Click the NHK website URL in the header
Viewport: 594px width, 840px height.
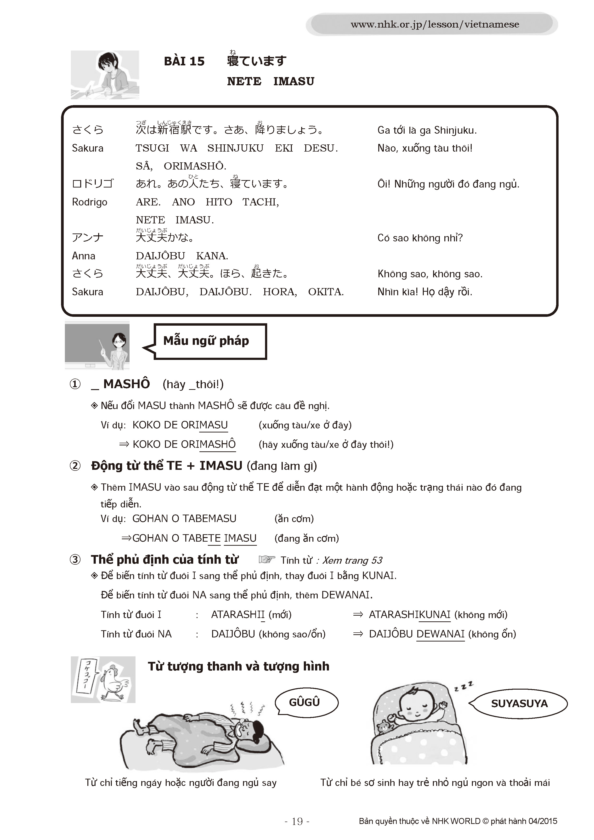pyautogui.click(x=435, y=24)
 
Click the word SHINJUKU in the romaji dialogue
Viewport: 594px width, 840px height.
pyautogui.click(x=235, y=148)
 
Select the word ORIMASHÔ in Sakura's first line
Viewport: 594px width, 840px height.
pyautogui.click(x=195, y=166)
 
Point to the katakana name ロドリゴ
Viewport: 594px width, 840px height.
pyautogui.click(x=93, y=184)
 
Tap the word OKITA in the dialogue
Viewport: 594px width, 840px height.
pyautogui.click(x=325, y=292)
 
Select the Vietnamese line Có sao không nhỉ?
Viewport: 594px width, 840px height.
pyautogui.click(x=420, y=238)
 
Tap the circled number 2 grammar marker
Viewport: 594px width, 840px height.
pyautogui.click(x=75, y=466)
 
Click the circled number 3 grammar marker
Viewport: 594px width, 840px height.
pyautogui.click(x=75, y=559)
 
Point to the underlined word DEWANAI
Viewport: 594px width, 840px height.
pyautogui.click(x=440, y=634)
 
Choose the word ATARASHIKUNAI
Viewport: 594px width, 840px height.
pyautogui.click(x=409, y=615)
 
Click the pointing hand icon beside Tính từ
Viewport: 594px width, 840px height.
pyautogui.click(x=267, y=559)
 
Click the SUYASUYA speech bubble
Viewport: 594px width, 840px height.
pyautogui.click(x=519, y=704)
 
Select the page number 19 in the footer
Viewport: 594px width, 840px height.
pyautogui.click(x=297, y=821)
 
